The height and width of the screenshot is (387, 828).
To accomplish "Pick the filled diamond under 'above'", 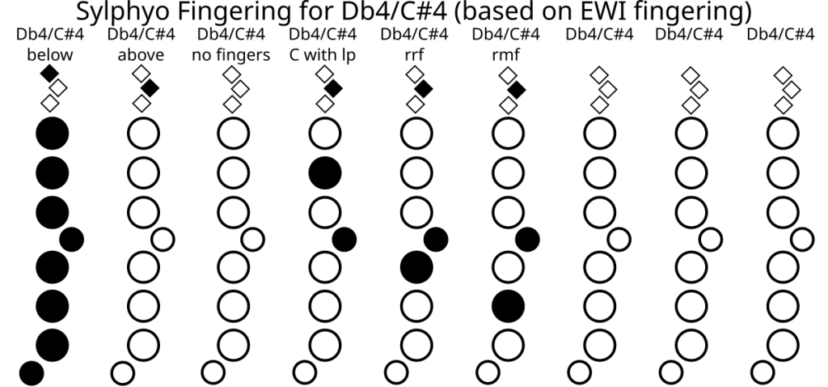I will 150,88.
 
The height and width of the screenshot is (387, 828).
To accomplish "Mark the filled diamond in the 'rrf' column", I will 424,88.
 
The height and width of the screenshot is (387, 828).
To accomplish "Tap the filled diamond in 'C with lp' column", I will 332,88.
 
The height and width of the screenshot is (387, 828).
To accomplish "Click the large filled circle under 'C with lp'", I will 325,172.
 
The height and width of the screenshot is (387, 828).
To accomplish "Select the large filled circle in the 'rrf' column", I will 416,266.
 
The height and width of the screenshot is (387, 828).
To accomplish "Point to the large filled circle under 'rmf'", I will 508,304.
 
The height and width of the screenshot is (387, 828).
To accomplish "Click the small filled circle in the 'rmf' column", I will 528,239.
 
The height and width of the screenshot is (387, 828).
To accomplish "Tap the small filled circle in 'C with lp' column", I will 344,239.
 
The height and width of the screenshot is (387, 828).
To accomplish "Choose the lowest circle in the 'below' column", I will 31,372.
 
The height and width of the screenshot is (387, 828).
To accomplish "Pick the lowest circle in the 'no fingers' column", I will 213,372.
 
